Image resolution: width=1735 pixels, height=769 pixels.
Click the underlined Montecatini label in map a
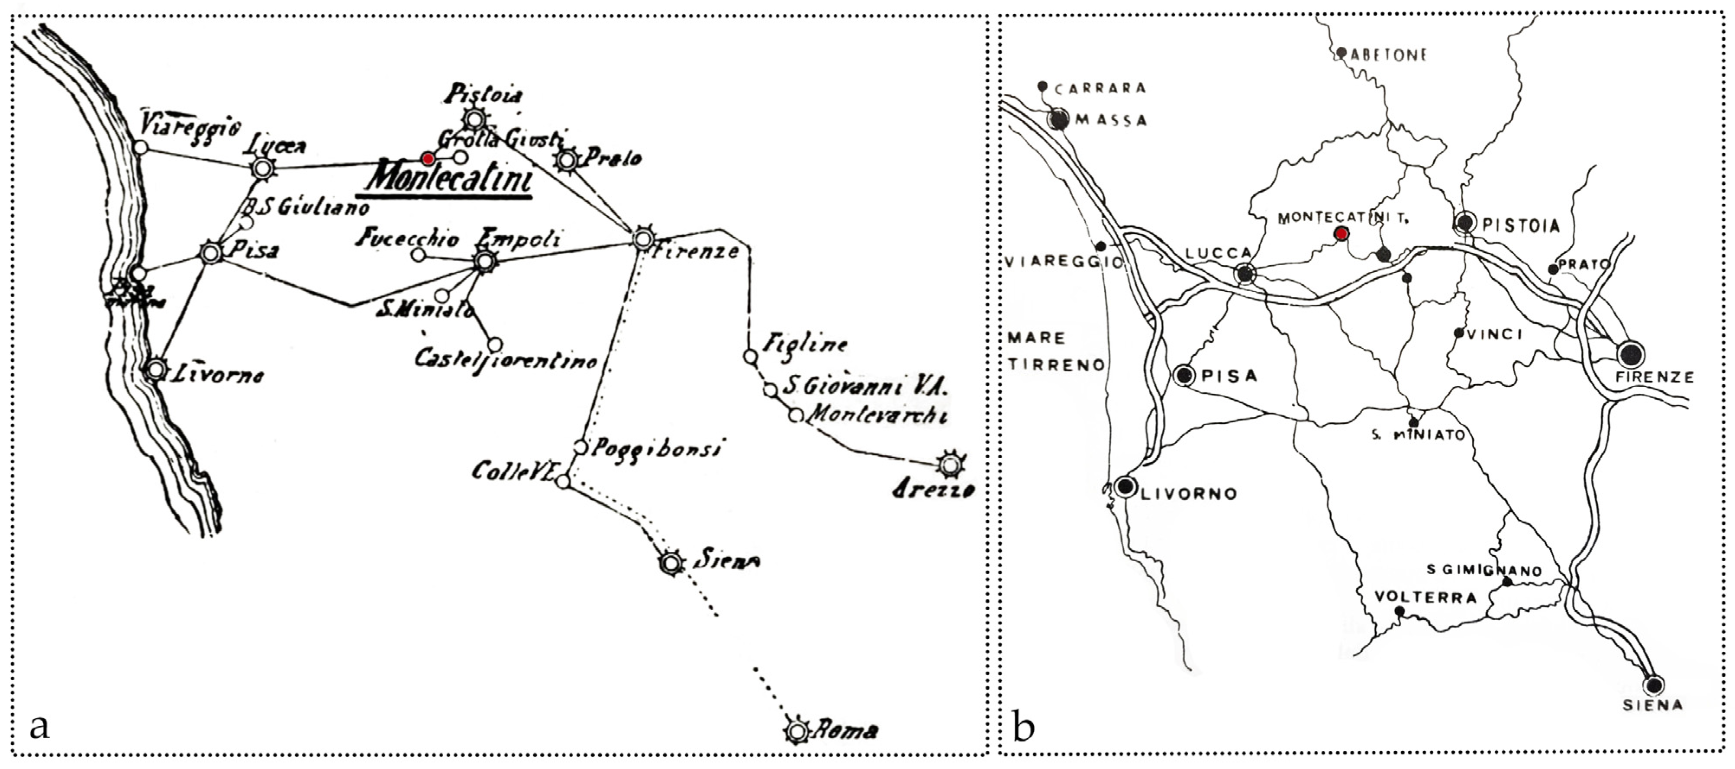click(448, 178)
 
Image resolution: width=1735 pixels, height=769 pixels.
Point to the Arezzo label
click(933, 489)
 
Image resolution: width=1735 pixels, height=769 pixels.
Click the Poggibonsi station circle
click(580, 447)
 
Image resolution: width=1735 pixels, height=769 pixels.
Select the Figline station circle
click(750, 356)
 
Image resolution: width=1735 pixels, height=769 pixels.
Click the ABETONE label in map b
click(1389, 55)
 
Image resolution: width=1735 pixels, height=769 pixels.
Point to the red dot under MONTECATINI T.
click(1342, 234)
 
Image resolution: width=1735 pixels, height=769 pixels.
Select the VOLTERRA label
click(1425, 597)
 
